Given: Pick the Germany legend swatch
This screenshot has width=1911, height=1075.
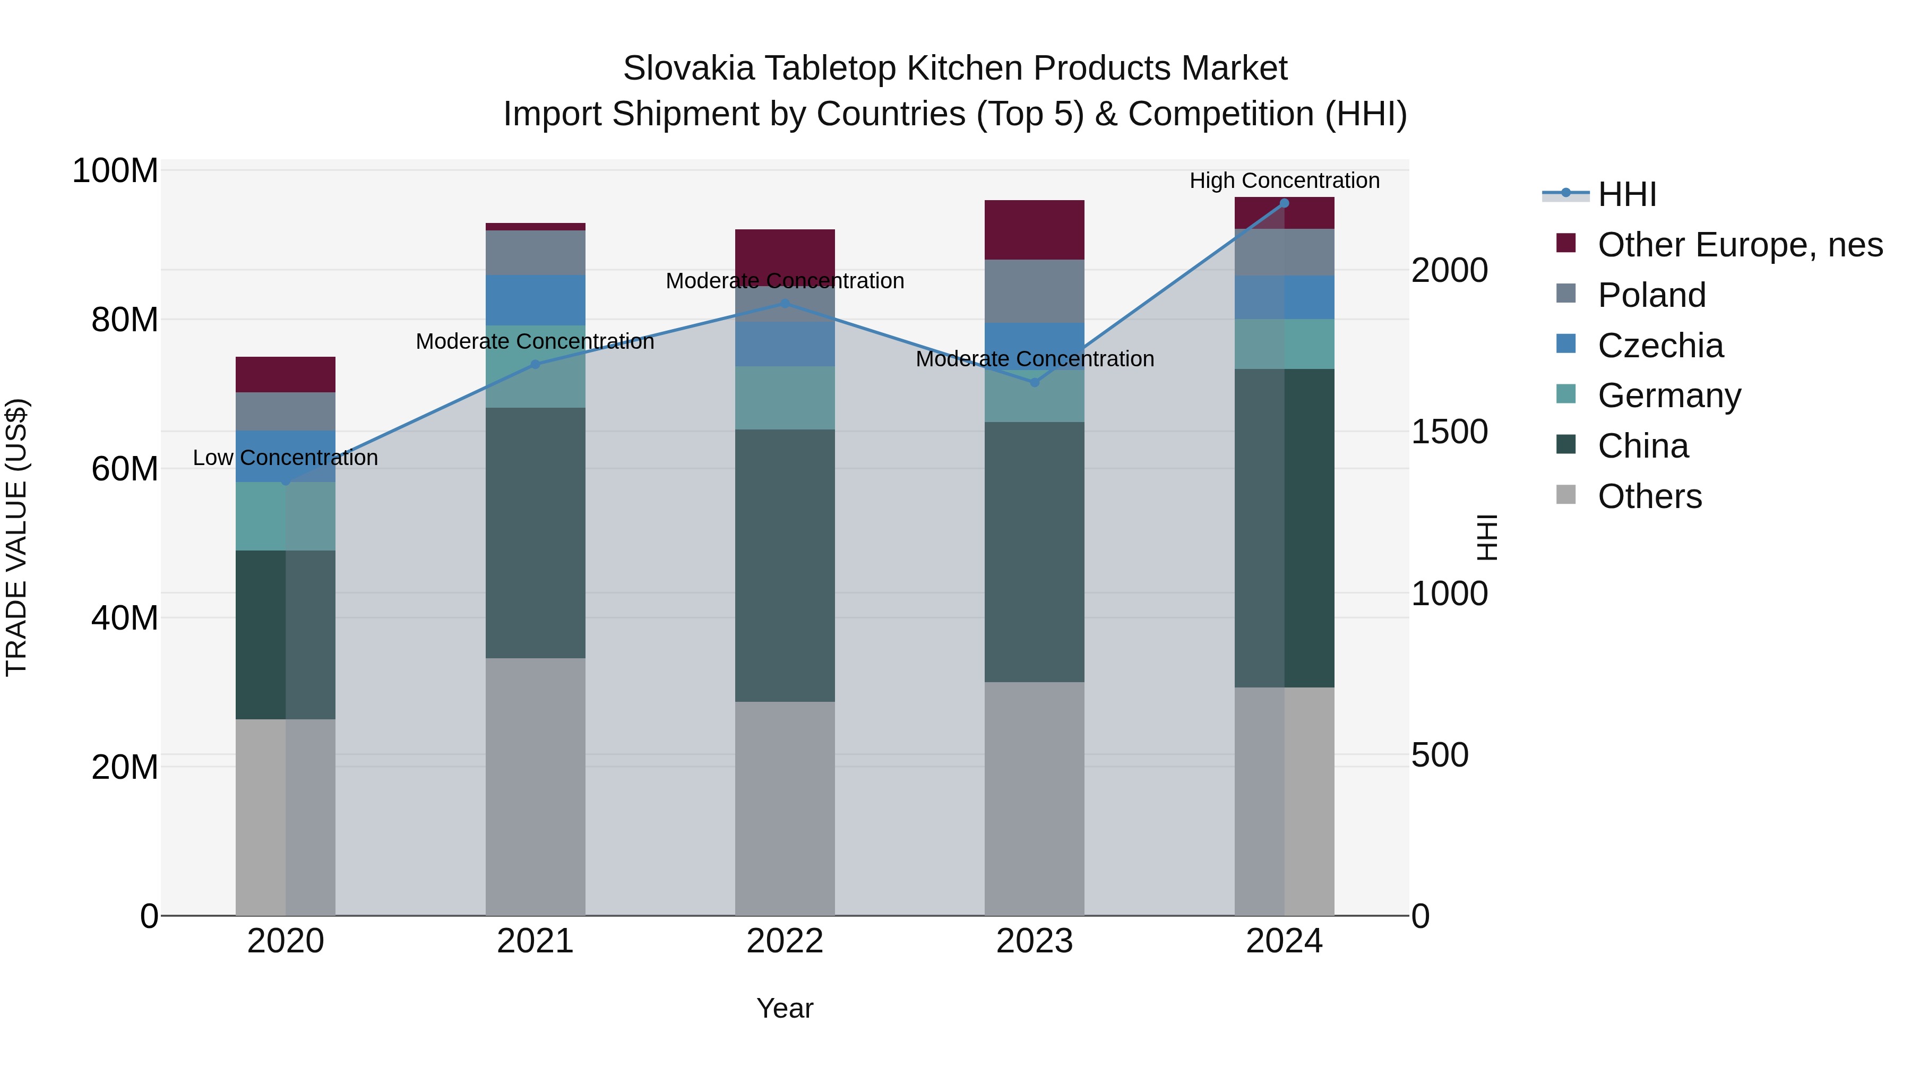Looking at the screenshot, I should tap(1565, 394).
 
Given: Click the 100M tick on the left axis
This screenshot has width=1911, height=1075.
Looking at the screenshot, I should tap(115, 171).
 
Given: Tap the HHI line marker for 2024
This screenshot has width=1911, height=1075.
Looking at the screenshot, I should tap(1284, 203).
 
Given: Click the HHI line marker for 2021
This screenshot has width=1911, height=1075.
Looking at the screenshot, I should tap(535, 364).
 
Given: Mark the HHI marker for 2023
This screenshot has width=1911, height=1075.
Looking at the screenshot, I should tap(1034, 383).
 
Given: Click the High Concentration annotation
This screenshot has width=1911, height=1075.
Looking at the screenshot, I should tap(1284, 180).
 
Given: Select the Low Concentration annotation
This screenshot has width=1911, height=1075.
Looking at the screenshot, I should tap(285, 458).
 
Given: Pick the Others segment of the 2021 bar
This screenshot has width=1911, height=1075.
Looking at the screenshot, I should tap(535, 786).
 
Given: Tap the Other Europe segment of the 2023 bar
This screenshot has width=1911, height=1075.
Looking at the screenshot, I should tap(1034, 230).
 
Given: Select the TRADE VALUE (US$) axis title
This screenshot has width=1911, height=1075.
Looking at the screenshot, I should tap(16, 537).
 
